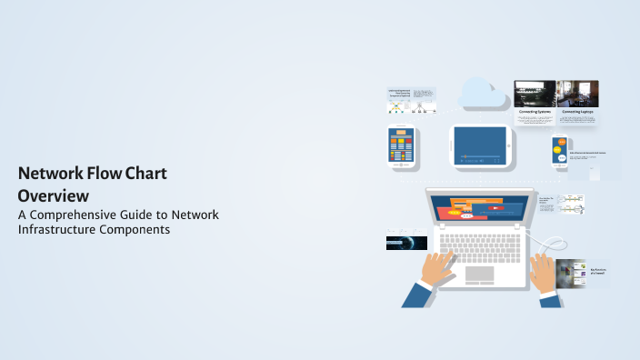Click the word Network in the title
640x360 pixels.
tap(53, 173)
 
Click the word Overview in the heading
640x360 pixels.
tap(53, 195)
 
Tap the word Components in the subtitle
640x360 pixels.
tap(138, 230)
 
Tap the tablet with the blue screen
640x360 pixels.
tap(481, 145)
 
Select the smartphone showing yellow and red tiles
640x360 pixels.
tap(401, 146)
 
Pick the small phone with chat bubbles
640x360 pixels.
tap(559, 150)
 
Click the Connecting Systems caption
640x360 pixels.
tap(535, 112)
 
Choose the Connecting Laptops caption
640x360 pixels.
tap(578, 112)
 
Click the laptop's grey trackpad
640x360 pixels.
tap(479, 274)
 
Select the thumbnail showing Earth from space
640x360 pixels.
tap(406, 244)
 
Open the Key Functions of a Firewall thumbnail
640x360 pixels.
tap(571, 273)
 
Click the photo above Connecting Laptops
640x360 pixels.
tap(578, 93)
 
